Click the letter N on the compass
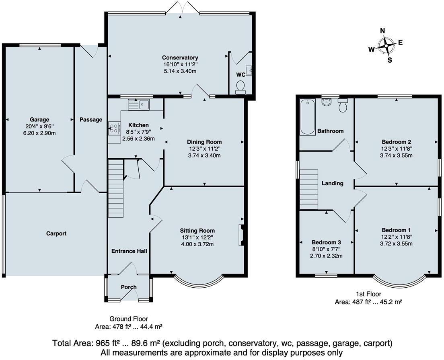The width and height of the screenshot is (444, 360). click(x=383, y=31)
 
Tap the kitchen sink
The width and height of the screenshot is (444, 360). click(x=138, y=105)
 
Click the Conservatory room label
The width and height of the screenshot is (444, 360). click(x=180, y=57)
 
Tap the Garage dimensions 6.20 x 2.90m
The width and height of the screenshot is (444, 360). click(x=39, y=133)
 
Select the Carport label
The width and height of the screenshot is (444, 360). click(x=56, y=233)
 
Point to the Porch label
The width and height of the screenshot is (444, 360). click(x=129, y=287)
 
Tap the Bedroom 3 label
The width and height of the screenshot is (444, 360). click(x=326, y=242)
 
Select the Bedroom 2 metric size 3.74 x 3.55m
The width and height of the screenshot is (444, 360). click(x=396, y=155)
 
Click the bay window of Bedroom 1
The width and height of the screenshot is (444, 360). click(x=399, y=281)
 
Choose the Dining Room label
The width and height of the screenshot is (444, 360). click(x=204, y=142)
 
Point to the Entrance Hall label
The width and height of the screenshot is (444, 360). click(x=129, y=251)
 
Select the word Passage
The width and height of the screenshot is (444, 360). click(x=90, y=119)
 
